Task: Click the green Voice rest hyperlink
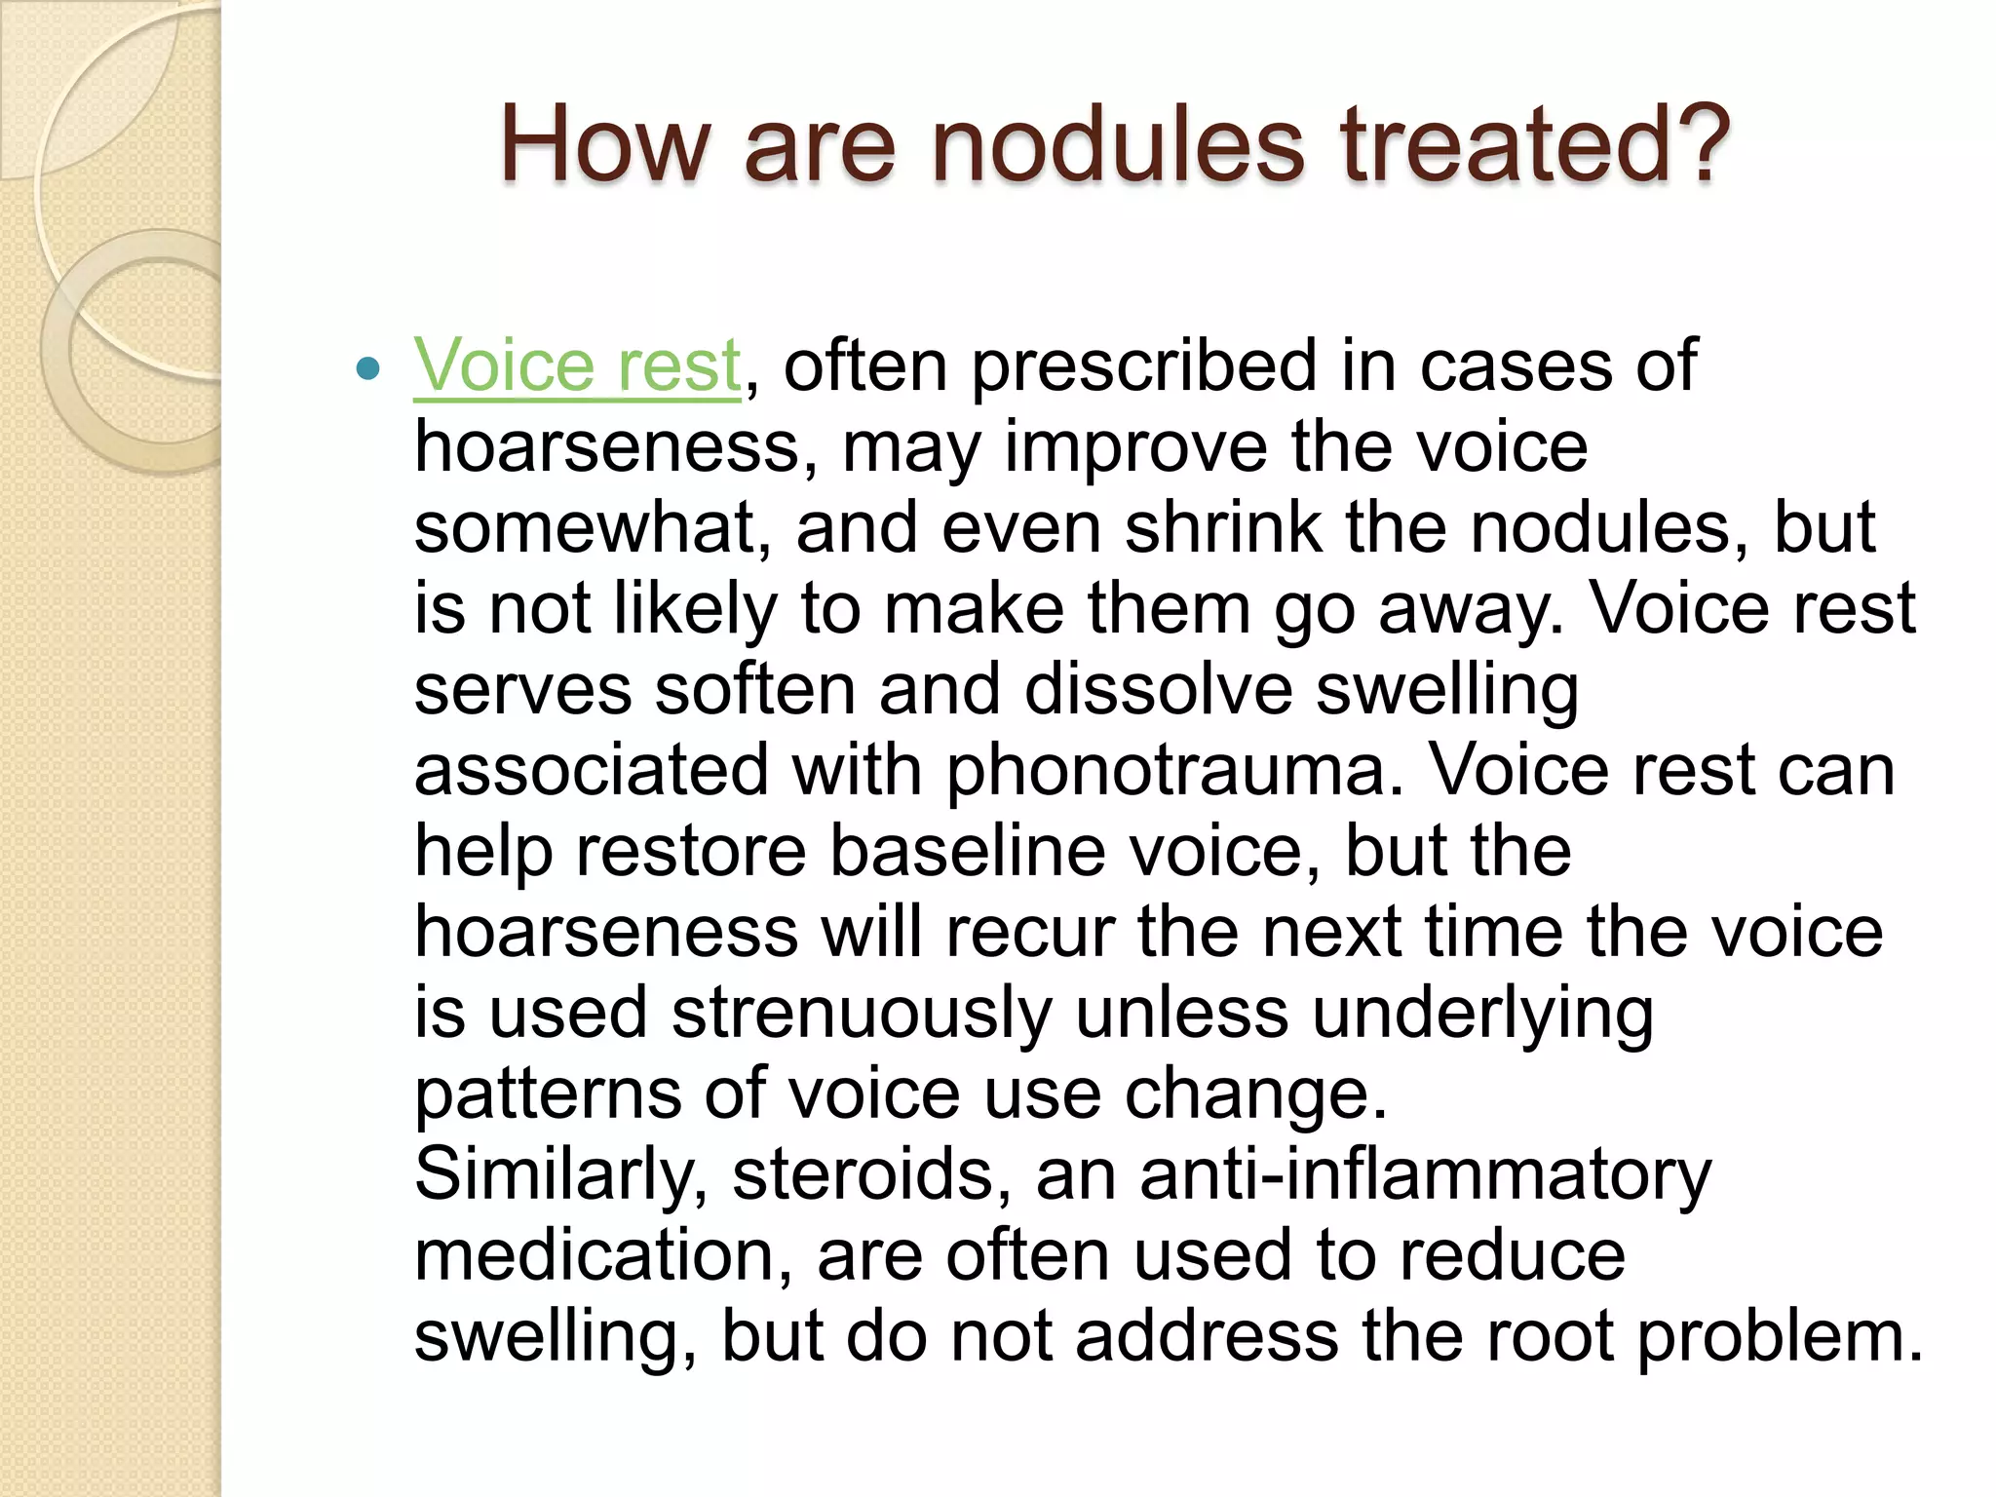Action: click(x=577, y=365)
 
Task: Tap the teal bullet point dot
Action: click(x=367, y=368)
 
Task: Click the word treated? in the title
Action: click(x=1535, y=145)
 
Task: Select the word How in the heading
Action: click(x=604, y=145)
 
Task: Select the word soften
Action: click(x=754, y=689)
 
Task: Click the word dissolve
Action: click(x=1158, y=689)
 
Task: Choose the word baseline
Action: click(x=968, y=851)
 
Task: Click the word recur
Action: click(x=1029, y=932)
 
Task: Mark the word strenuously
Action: click(x=862, y=1014)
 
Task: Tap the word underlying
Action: click(x=1482, y=1014)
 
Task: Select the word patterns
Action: click(x=548, y=1094)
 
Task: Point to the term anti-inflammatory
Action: click(x=1425, y=1174)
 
